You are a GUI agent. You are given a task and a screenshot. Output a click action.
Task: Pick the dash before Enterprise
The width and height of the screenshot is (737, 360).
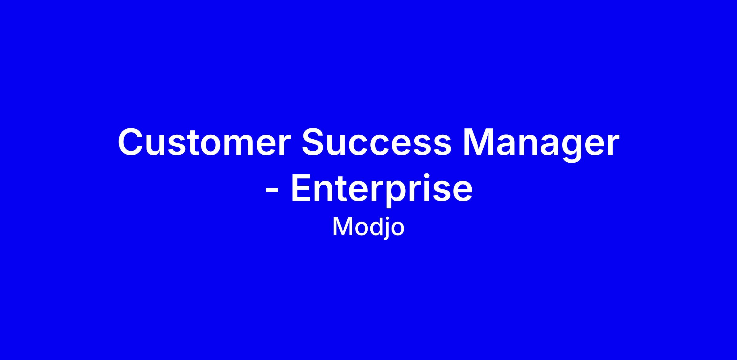tap(272, 191)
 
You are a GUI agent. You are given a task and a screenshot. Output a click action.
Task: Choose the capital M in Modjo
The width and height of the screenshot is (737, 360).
tap(343, 226)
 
